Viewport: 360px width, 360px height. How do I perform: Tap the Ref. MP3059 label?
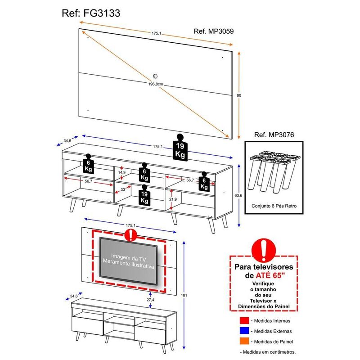pyautogui.click(x=213, y=31)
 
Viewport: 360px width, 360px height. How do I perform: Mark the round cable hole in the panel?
pyautogui.click(x=156, y=76)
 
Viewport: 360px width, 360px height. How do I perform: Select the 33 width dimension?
pyautogui.click(x=123, y=190)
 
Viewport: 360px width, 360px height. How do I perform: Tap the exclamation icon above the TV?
pyautogui.click(x=130, y=234)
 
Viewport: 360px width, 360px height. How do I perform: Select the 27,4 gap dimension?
pyautogui.click(x=150, y=300)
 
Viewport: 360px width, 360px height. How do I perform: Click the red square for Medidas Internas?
pyautogui.click(x=245, y=321)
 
